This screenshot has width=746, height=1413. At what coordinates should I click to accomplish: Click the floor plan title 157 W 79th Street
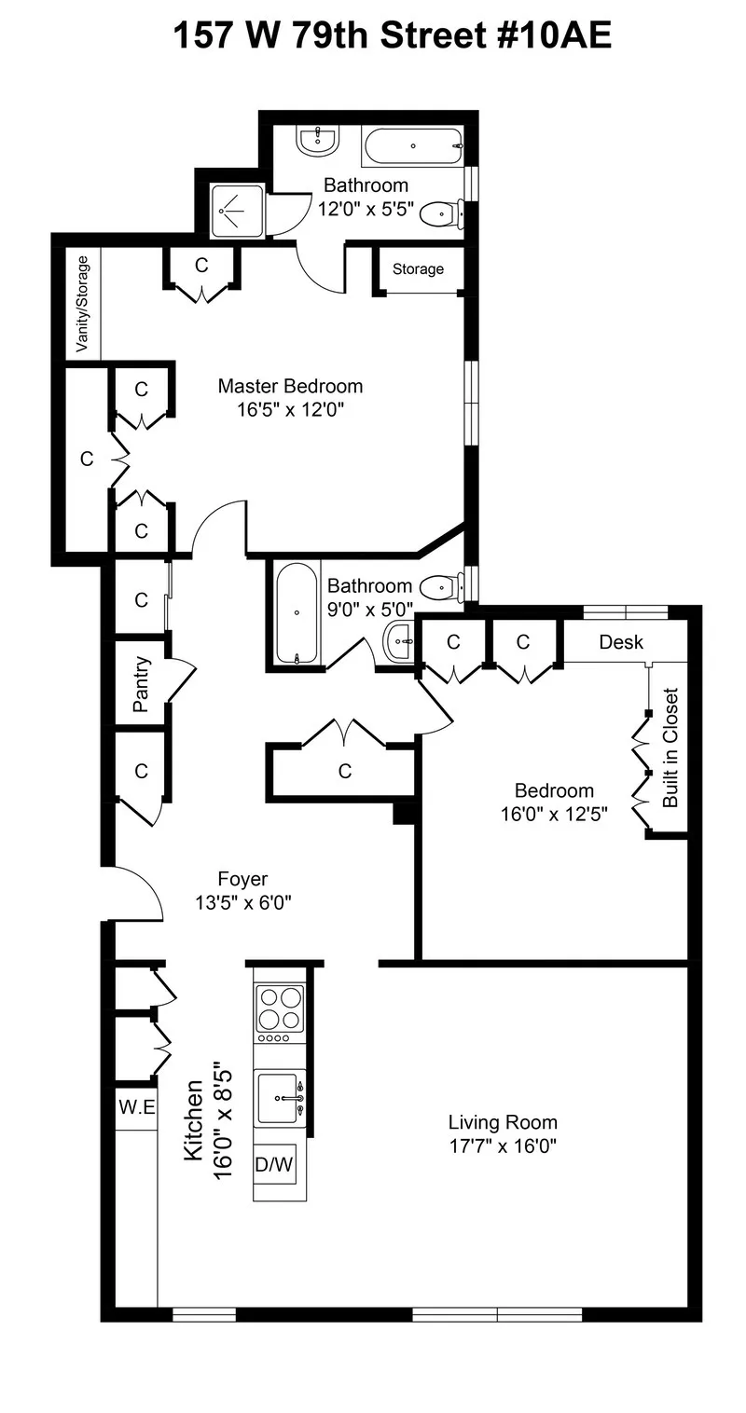pos(392,36)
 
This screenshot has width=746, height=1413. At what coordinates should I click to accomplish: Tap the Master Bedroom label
pos(290,386)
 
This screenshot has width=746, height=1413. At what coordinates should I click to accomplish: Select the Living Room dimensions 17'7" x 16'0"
pos(503,1146)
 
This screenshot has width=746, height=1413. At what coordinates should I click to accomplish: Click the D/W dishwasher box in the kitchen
pos(275,1164)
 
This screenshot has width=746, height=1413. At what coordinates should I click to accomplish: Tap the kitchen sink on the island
pos(280,1099)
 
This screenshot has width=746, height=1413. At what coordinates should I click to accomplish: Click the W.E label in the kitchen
pos(136,1108)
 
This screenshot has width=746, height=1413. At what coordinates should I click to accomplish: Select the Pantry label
pos(142,685)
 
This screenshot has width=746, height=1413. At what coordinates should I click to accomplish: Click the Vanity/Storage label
pos(83,304)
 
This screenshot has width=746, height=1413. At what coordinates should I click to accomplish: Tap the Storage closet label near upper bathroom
pos(418,269)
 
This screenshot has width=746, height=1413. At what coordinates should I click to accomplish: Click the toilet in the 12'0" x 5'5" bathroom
pos(436,214)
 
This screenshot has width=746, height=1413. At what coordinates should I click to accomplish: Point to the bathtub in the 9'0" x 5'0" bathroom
pos(297,612)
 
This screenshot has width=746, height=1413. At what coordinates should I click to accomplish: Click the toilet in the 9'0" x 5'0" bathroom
pos(439,588)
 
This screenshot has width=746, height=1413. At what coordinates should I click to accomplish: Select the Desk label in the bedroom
pos(621,643)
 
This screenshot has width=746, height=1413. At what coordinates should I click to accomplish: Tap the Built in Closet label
pos(670,748)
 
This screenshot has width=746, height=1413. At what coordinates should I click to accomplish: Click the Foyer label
pos(242,879)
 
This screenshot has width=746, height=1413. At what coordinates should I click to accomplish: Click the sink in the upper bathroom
pos(317,142)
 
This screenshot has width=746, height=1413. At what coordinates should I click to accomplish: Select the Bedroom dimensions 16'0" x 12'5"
pos(554,814)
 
